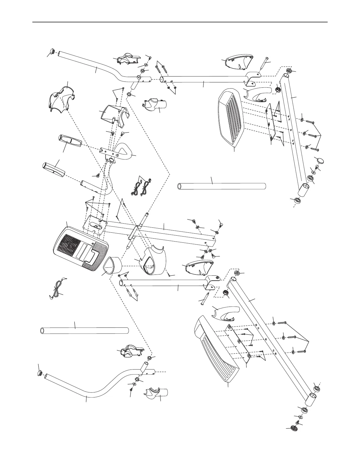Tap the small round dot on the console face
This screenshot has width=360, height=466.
(x=93, y=244)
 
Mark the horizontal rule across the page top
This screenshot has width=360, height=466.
(x=180, y=22)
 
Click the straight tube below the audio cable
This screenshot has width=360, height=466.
(x=84, y=330)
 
